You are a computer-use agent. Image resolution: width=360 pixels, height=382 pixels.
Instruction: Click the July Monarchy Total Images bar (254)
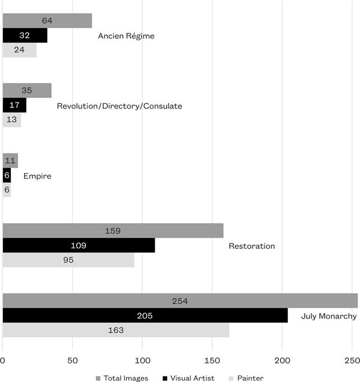coord(180,301)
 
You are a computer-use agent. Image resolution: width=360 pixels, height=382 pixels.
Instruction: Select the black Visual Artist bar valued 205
coord(145,315)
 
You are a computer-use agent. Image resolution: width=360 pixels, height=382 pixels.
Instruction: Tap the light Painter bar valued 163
coord(116,330)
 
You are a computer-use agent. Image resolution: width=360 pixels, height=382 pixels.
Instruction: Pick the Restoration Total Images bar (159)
coord(113,231)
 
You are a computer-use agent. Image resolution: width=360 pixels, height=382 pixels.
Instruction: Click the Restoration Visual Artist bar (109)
coord(79,245)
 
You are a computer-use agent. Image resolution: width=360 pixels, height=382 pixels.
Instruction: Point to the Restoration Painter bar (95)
coord(68,260)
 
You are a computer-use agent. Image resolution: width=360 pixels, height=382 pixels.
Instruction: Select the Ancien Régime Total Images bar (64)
coord(47,21)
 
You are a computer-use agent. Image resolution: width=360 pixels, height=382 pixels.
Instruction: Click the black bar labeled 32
coord(25,35)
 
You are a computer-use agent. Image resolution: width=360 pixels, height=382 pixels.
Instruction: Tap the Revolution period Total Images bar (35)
coord(27,91)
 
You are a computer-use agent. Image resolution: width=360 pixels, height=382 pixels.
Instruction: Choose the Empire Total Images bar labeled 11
coord(10,161)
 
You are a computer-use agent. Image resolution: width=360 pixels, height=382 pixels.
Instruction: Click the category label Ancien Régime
coord(126,36)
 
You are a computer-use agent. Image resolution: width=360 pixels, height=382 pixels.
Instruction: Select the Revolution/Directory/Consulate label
coord(119,106)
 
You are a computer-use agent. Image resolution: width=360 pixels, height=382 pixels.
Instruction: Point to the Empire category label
coord(37,176)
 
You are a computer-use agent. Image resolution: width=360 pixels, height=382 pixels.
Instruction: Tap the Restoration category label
coord(251,246)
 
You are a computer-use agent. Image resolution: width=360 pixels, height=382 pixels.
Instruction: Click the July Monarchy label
coord(329,316)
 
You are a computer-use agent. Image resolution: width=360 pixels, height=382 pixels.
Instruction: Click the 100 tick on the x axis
coord(142,360)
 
